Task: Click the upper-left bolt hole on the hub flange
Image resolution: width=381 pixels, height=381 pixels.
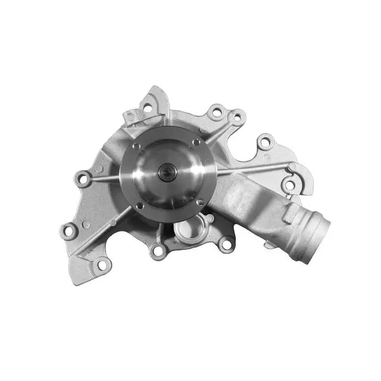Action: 136,146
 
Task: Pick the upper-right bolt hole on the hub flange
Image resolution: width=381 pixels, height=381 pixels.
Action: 196,143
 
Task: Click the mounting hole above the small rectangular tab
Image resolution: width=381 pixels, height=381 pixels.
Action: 146,108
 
